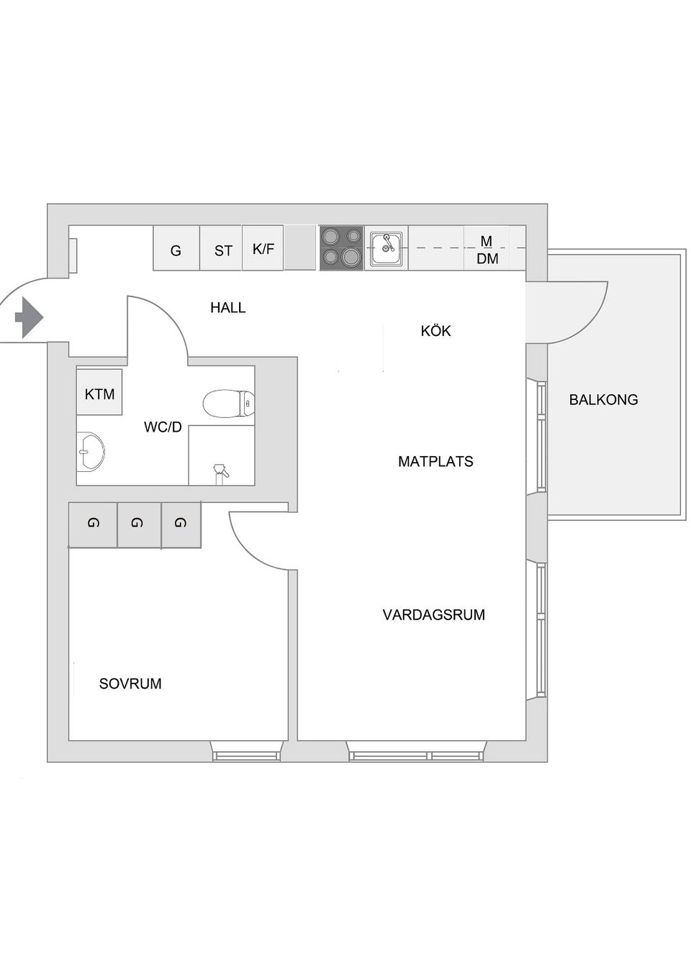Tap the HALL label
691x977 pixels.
pos(227,308)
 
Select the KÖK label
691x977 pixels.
pos(435,331)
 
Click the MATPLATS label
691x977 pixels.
pos(435,462)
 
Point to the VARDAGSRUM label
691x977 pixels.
pos(433,615)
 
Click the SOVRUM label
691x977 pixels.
pos(130,684)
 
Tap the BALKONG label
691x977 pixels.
pos(603,400)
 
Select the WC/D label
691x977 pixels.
pos(163,427)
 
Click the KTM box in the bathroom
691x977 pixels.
pos(99,393)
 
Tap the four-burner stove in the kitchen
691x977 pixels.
pos(341,248)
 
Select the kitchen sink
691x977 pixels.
pos(387,249)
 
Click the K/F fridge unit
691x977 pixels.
pos(263,249)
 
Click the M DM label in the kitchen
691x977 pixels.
pos(487,250)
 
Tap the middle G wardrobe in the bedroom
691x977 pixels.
pos(138,524)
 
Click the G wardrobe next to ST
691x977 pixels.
pos(176,250)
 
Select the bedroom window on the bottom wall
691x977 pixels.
pos(246,754)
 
